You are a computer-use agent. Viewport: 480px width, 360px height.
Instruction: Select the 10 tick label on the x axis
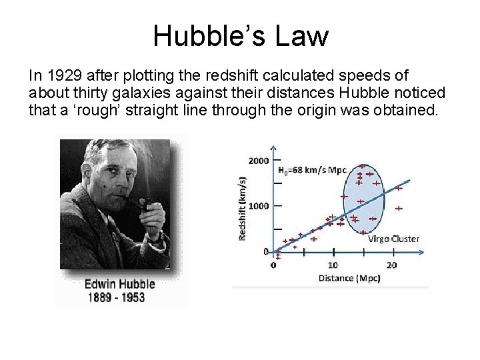[x=334, y=265]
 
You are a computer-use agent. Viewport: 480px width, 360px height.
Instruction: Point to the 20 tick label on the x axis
[x=392, y=265]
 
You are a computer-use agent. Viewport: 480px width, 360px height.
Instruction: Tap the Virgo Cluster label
[x=394, y=238]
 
